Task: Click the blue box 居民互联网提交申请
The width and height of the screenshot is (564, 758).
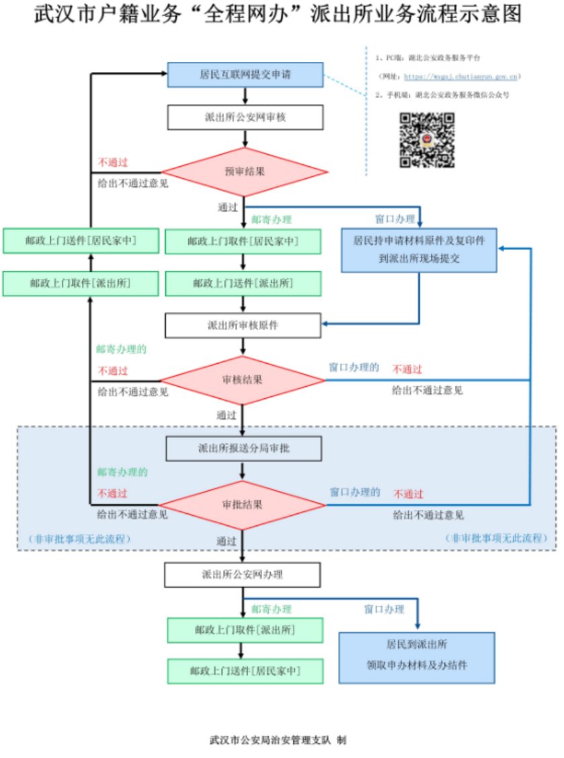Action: [245, 75]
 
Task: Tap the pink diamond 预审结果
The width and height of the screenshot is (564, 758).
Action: [244, 171]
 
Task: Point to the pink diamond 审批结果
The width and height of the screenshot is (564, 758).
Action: [242, 504]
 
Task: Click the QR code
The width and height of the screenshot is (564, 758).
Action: [428, 140]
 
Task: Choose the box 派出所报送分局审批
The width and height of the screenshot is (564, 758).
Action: [243, 448]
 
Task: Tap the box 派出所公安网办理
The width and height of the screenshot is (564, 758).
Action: [242, 574]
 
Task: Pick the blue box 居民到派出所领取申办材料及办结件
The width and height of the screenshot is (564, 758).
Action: [417, 654]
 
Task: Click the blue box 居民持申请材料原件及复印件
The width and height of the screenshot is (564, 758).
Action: [419, 249]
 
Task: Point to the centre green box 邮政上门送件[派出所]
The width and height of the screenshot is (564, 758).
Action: [243, 283]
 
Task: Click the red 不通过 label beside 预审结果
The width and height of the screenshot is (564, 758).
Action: [113, 162]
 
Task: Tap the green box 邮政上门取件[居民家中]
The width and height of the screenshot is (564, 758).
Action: [243, 241]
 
